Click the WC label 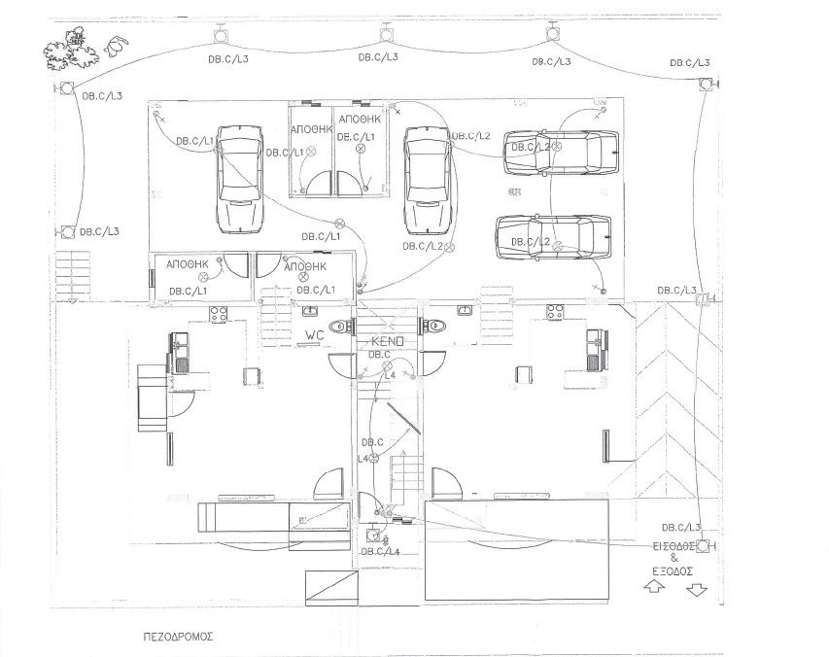(314, 334)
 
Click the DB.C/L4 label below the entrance (379, 552)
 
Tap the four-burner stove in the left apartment (219, 314)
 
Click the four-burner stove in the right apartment (556, 313)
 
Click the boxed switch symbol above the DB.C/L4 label (373, 534)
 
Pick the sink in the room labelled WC (311, 311)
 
